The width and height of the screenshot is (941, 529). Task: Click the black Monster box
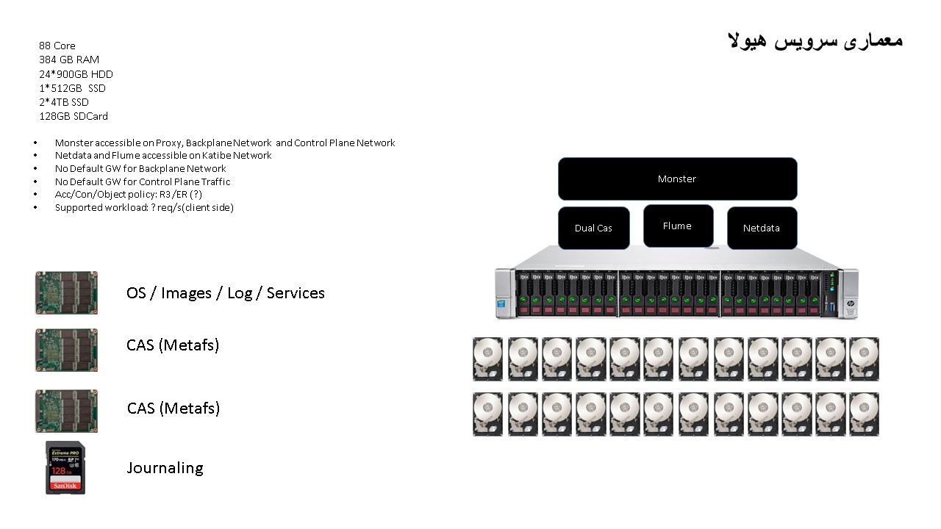click(677, 179)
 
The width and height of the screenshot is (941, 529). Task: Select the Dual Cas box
click(593, 228)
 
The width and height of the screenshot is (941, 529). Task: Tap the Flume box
click(677, 226)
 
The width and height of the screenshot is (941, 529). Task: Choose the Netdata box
click(761, 228)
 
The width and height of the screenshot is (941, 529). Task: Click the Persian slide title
click(815, 40)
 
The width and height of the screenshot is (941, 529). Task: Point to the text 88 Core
click(57, 46)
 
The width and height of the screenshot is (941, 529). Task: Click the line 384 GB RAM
click(69, 60)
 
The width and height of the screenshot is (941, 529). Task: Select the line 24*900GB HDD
click(76, 74)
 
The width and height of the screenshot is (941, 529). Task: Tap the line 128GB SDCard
click(74, 116)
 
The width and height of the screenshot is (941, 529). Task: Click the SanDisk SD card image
click(65, 467)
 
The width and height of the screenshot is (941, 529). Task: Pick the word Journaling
click(165, 468)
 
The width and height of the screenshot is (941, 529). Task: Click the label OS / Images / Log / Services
click(225, 293)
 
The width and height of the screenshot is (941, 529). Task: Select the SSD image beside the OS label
click(66, 292)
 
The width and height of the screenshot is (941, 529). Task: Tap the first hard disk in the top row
click(488, 359)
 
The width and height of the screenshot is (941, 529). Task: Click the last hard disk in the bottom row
click(864, 414)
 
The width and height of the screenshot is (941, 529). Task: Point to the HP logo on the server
click(850, 303)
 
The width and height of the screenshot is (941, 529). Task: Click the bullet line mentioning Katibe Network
click(163, 156)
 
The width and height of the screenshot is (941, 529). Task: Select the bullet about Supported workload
click(144, 208)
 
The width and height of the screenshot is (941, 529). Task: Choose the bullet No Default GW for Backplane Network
click(140, 169)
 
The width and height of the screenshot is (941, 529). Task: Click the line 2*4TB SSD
click(64, 102)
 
